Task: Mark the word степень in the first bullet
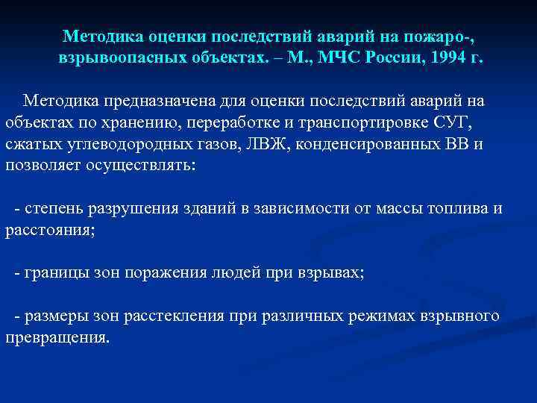click(x=53, y=208)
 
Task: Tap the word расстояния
click(x=49, y=230)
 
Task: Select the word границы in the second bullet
click(x=53, y=273)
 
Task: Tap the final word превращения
click(x=56, y=338)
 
